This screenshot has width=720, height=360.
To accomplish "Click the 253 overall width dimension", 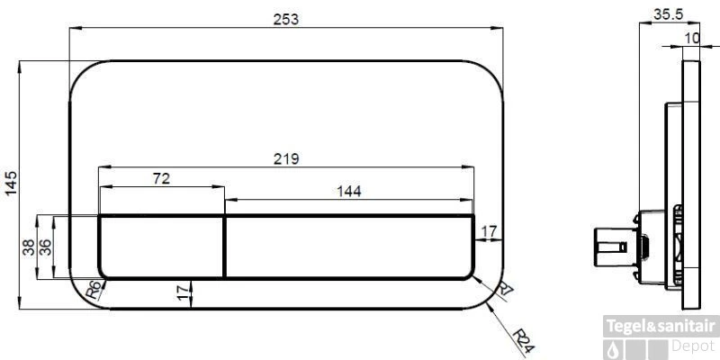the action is tap(285, 20).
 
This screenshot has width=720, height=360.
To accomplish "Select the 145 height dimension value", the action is tap(11, 184).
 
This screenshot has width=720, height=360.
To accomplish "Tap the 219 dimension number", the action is tap(286, 159).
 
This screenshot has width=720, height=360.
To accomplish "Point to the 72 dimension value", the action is tap(161, 178).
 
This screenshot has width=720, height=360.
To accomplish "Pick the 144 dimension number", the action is tap(349, 191).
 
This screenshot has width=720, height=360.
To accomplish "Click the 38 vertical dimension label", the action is tap(29, 248).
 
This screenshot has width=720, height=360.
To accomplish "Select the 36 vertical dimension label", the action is tap(46, 248).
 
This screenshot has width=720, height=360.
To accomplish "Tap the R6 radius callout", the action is tap(94, 290).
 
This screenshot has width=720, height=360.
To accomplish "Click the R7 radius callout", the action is tap(506, 289).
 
